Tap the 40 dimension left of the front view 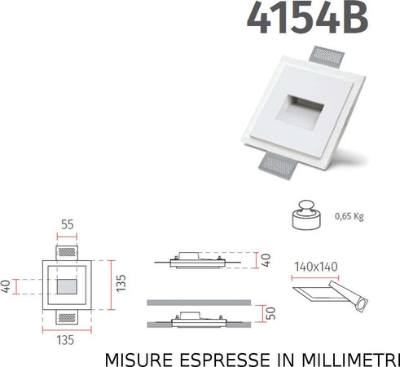click(7, 286)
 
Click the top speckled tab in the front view click(68, 246)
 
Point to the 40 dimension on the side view click(266, 260)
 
